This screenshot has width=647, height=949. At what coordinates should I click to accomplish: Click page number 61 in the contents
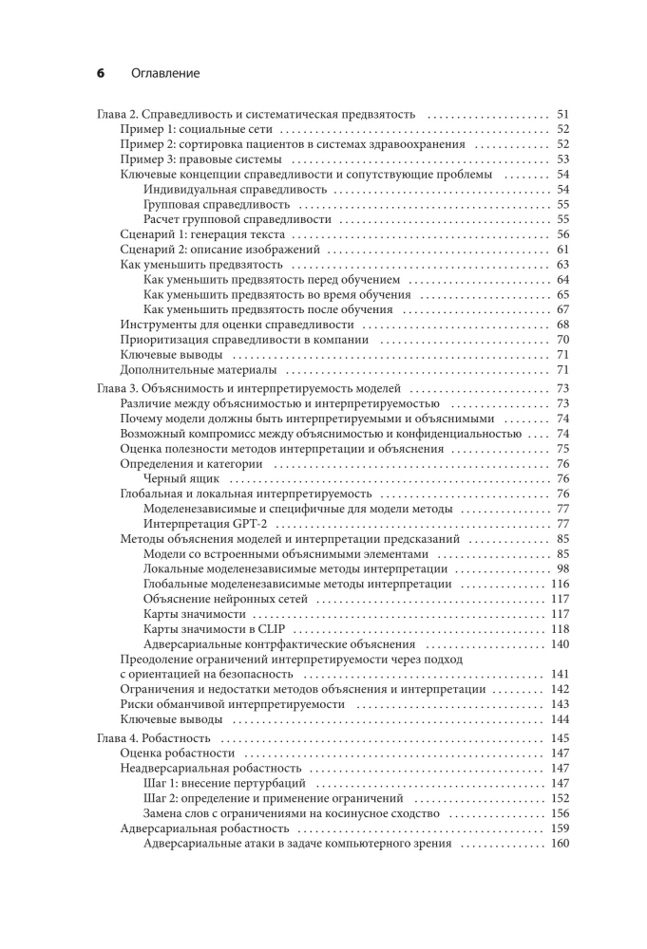[561, 250]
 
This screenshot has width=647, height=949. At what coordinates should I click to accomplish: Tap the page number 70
[561, 340]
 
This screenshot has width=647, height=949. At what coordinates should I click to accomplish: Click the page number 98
[561, 569]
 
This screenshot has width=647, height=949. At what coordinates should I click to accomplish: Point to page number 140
[559, 644]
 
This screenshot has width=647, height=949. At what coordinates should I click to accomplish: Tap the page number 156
[559, 813]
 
